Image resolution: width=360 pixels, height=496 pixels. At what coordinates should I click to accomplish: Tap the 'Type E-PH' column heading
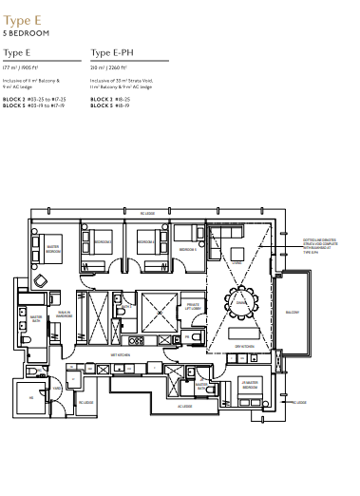coord(111,53)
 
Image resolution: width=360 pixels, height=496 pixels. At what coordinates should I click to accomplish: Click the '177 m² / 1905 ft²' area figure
coord(25,69)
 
